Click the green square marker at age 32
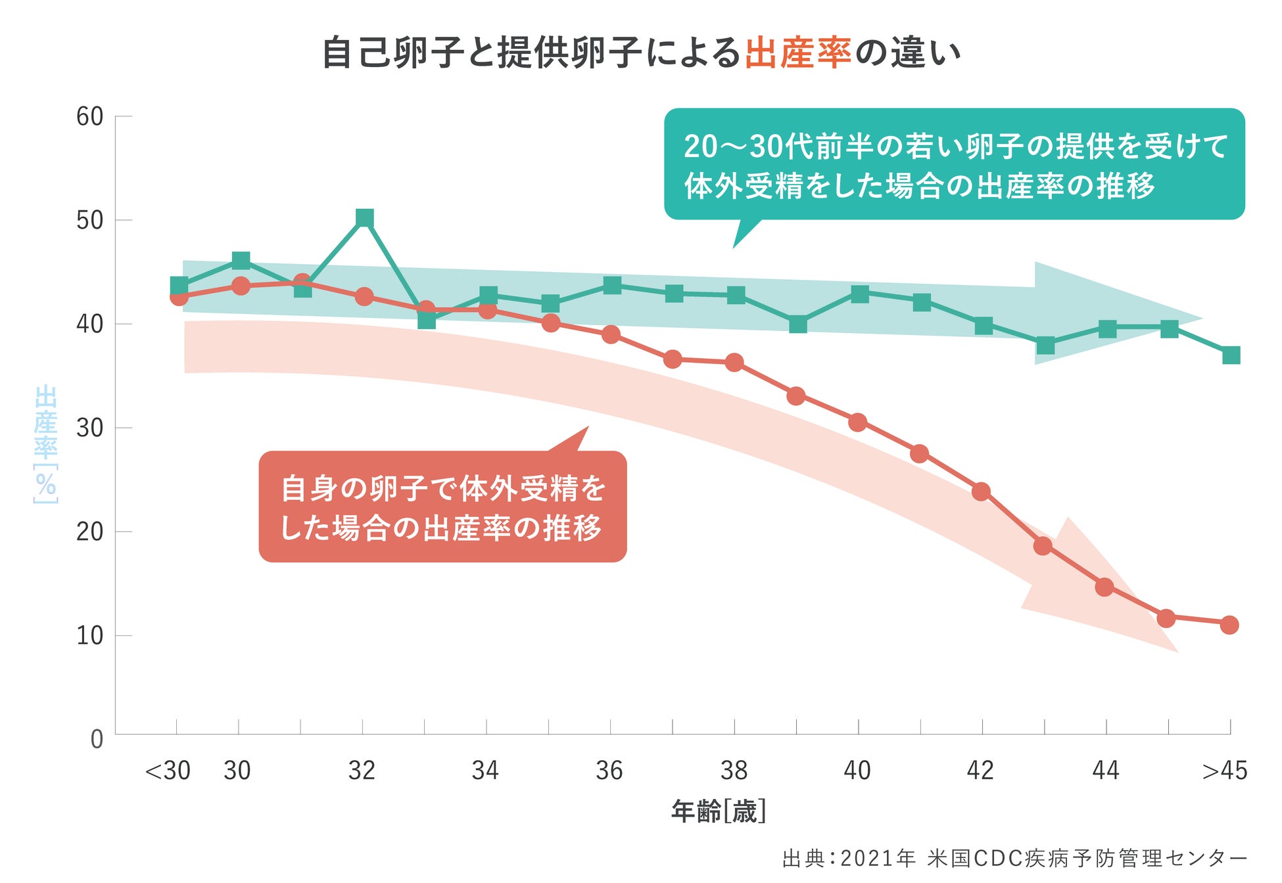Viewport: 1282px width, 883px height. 364,218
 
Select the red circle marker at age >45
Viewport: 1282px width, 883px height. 1229,625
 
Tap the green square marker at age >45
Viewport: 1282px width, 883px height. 1231,355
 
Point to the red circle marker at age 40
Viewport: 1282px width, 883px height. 857,422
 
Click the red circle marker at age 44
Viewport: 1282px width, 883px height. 1104,587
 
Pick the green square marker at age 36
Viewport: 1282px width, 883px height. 611,286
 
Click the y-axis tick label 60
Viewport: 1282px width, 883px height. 90,117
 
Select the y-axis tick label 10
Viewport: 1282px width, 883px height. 90,636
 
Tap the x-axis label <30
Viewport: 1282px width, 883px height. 168,771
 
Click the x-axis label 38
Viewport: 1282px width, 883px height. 734,771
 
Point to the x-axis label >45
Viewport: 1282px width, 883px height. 1224,771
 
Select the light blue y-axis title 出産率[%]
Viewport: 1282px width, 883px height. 46,444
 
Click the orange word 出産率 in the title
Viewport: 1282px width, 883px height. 798,53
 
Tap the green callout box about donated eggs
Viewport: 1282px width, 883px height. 954,164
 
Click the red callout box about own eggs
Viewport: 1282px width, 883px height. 442,507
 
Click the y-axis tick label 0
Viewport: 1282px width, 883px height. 97,740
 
